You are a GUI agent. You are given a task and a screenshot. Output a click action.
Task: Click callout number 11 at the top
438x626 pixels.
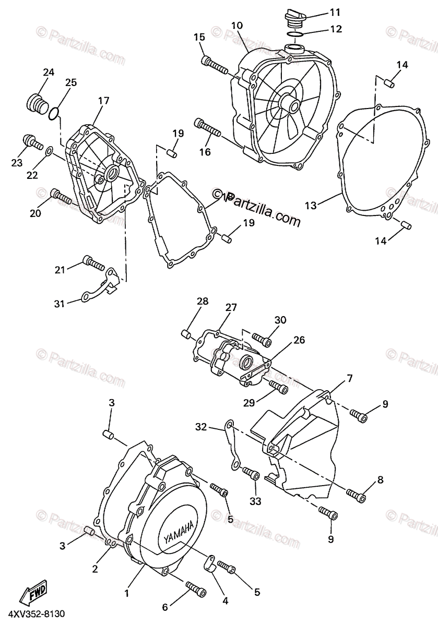pyautogui.click(x=335, y=11)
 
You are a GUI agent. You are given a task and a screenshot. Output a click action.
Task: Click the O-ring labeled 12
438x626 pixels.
pyautogui.click(x=297, y=34)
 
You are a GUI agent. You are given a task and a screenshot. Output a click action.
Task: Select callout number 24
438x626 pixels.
pyautogui.click(x=49, y=73)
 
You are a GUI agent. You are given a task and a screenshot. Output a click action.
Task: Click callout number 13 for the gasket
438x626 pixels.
pyautogui.click(x=311, y=206)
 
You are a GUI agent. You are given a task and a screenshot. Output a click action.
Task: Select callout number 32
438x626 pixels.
pyautogui.click(x=202, y=427)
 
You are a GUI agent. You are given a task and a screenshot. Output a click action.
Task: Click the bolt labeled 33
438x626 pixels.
pyautogui.click(x=251, y=475)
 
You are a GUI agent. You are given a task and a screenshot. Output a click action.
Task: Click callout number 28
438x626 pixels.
pyautogui.click(x=203, y=301)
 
